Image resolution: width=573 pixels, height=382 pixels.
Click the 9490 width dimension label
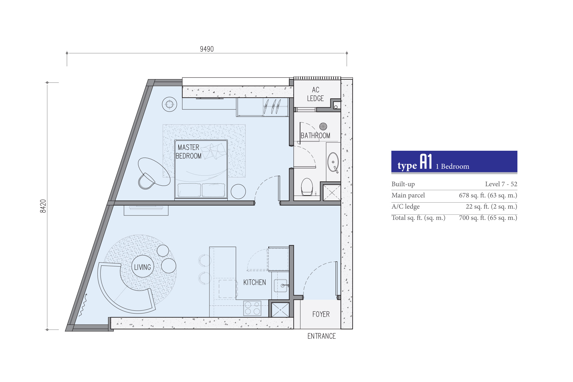point(207,49)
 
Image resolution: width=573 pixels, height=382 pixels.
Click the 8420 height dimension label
point(43,206)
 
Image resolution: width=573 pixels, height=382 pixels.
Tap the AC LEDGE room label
point(315,94)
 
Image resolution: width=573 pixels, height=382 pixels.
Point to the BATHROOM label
point(315,136)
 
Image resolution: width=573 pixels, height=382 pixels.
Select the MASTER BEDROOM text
point(189,152)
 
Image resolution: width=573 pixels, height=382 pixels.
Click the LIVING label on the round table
point(142,267)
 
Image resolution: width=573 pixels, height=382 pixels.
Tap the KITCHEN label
point(254,282)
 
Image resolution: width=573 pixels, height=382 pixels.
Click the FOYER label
point(321,314)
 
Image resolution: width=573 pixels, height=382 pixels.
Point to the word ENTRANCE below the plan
point(321,336)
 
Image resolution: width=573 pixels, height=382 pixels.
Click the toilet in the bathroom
point(307,187)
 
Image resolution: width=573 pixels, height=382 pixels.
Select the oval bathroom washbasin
point(333,162)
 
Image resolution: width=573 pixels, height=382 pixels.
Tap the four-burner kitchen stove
point(252,308)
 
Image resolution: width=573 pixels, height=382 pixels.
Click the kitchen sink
point(280,286)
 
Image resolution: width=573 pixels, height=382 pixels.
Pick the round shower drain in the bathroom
point(323,126)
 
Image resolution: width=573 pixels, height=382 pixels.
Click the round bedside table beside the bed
point(238,191)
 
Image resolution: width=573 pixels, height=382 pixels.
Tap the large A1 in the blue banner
point(426,162)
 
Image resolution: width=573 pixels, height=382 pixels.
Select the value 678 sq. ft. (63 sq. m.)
point(488,195)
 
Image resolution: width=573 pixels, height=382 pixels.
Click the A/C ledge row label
point(405,207)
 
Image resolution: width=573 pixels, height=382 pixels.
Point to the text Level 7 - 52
point(501,184)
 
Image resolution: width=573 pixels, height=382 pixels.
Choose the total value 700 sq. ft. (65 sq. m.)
point(488,218)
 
